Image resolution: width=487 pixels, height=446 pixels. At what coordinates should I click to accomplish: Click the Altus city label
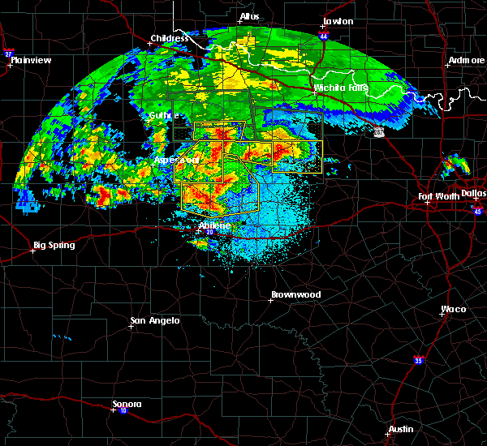click(249, 16)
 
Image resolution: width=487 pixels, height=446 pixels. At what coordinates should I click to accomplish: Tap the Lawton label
click(338, 21)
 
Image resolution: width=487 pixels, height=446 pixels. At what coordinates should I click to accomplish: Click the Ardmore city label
click(467, 62)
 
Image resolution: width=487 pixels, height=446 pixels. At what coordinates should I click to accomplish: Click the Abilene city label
click(216, 225)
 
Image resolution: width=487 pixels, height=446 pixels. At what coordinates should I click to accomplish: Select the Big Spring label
click(54, 245)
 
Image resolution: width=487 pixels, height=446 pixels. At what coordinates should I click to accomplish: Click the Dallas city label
click(473, 193)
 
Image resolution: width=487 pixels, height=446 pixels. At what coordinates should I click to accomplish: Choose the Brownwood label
click(295, 294)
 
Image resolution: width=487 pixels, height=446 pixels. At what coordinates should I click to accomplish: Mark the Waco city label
click(453, 309)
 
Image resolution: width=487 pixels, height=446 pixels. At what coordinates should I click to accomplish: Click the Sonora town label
click(127, 404)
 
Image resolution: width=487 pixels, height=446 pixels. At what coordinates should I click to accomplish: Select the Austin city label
click(400, 429)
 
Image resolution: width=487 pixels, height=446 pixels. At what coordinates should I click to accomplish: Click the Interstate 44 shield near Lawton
click(325, 36)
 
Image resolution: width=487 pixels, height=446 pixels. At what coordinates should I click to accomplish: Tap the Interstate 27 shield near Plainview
click(9, 53)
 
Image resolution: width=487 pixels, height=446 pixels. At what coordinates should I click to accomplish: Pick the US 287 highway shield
click(380, 131)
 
